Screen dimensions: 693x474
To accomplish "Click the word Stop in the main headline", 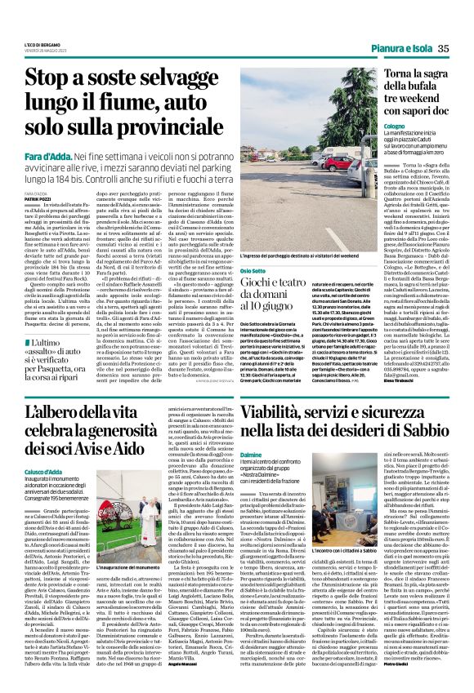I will pos(49,79).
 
